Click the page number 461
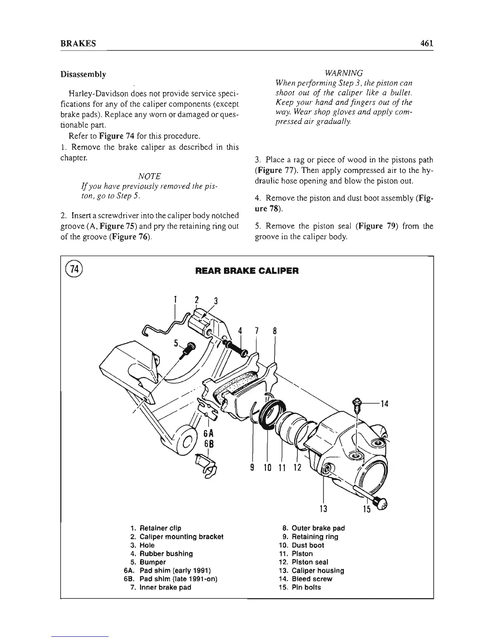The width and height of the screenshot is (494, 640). (x=425, y=43)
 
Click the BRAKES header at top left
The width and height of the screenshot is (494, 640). (x=78, y=44)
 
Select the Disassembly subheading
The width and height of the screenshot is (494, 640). (x=83, y=74)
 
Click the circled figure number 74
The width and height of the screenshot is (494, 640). (x=74, y=269)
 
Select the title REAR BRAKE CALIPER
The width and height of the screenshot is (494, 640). (x=247, y=271)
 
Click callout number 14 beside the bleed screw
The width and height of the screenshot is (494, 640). (x=384, y=403)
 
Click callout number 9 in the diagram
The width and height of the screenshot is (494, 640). (x=251, y=468)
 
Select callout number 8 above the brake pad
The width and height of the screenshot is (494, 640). (x=274, y=331)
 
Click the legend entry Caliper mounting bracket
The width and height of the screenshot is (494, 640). (x=181, y=537)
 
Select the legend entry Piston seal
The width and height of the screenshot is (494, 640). (x=310, y=562)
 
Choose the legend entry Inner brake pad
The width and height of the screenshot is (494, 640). (x=165, y=587)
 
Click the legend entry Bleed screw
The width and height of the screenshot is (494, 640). (x=312, y=579)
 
